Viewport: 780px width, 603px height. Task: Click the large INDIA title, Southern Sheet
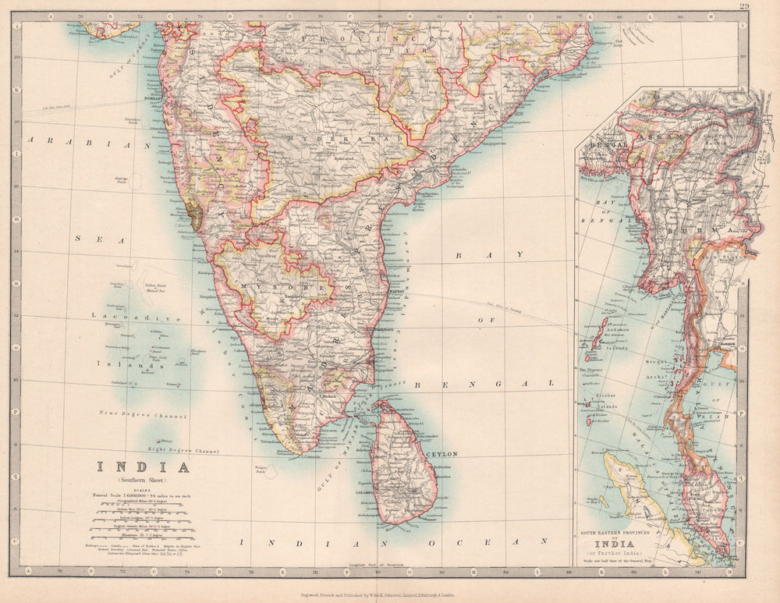pyautogui.click(x=143, y=468)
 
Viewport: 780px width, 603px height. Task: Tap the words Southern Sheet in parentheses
pyautogui.click(x=143, y=481)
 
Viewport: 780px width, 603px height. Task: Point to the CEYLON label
pyautogui.click(x=441, y=453)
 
